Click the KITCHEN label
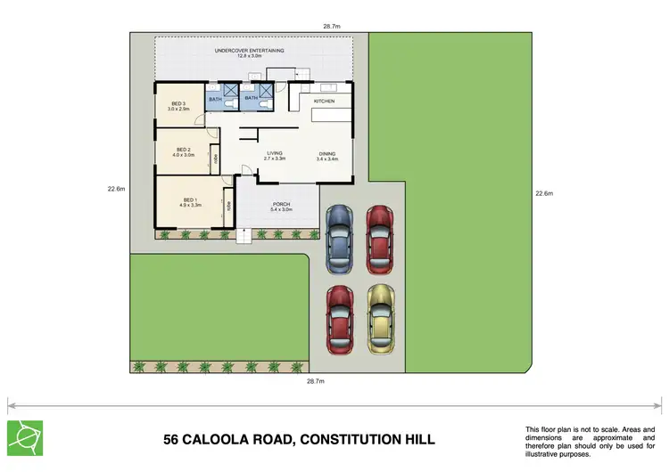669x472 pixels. click(x=324, y=102)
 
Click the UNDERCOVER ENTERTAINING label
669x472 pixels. click(x=249, y=51)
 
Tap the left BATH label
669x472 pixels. click(x=215, y=99)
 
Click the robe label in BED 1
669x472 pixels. click(x=228, y=206)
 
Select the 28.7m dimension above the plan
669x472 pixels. click(x=332, y=27)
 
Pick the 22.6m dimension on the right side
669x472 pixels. click(x=544, y=193)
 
